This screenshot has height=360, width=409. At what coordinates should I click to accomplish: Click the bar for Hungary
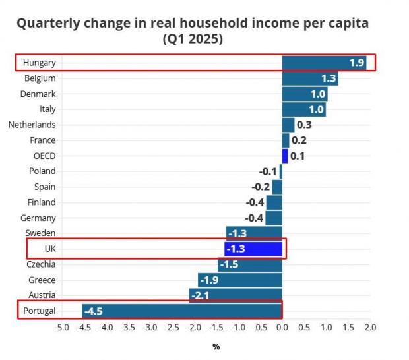click(323, 63)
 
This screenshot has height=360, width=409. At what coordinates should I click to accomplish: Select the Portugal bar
click(182, 311)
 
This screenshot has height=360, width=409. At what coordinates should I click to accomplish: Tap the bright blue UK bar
click(253, 249)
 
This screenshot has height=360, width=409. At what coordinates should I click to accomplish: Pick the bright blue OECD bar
click(285, 156)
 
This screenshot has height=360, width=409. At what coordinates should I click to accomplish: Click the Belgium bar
click(309, 78)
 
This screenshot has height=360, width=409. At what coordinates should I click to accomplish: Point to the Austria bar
click(236, 295)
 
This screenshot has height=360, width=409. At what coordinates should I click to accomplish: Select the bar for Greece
click(239, 280)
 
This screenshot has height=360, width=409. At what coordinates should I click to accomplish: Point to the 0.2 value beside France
click(299, 140)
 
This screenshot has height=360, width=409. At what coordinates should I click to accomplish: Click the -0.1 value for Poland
click(268, 171)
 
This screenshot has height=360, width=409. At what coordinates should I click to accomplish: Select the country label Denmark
click(39, 94)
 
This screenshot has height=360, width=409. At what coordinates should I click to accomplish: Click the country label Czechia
click(41, 264)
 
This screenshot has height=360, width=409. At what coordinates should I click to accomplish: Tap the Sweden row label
click(41, 233)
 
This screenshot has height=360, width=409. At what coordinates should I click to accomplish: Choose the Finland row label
click(42, 202)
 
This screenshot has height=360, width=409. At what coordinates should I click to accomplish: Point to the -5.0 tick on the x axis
click(61, 327)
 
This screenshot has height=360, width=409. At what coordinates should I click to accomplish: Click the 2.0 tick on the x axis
click(370, 327)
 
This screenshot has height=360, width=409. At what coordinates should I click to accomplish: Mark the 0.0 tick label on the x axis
click(282, 327)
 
